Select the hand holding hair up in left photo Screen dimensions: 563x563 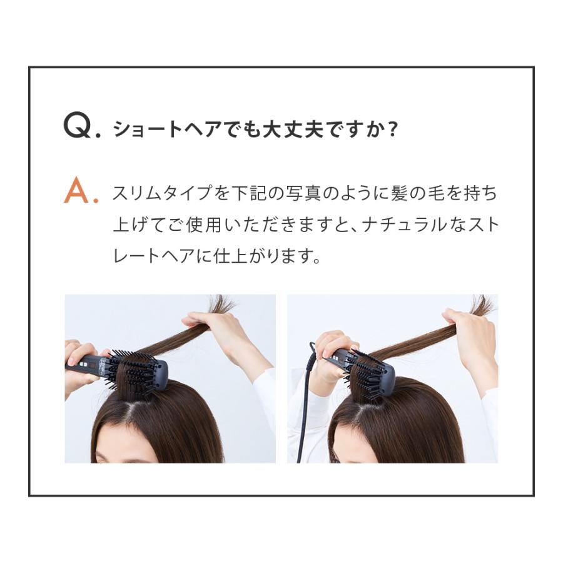click(x=210, y=326)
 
